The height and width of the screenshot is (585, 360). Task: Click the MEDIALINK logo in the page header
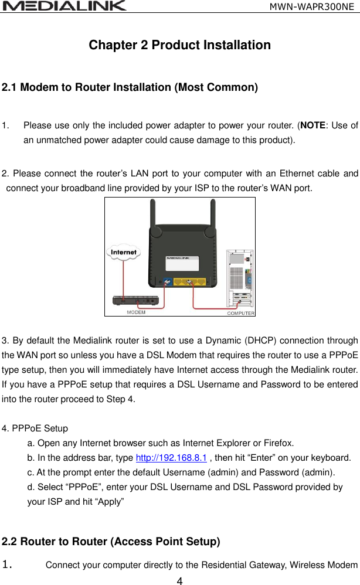(64, 6)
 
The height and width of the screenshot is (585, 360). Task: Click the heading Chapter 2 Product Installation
(179, 45)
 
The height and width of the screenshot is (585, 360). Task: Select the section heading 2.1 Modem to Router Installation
(130, 88)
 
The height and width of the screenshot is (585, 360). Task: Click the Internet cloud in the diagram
(124, 252)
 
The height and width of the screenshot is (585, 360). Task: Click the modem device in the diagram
(135, 301)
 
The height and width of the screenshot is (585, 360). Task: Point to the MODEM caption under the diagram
(136, 312)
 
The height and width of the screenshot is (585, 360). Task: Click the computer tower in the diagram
(240, 278)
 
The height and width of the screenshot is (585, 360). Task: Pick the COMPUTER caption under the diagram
(240, 313)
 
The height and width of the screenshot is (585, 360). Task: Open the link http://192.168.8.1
(171, 458)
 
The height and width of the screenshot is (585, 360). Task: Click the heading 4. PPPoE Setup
(35, 428)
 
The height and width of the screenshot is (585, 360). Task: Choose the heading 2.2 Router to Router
(111, 542)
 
